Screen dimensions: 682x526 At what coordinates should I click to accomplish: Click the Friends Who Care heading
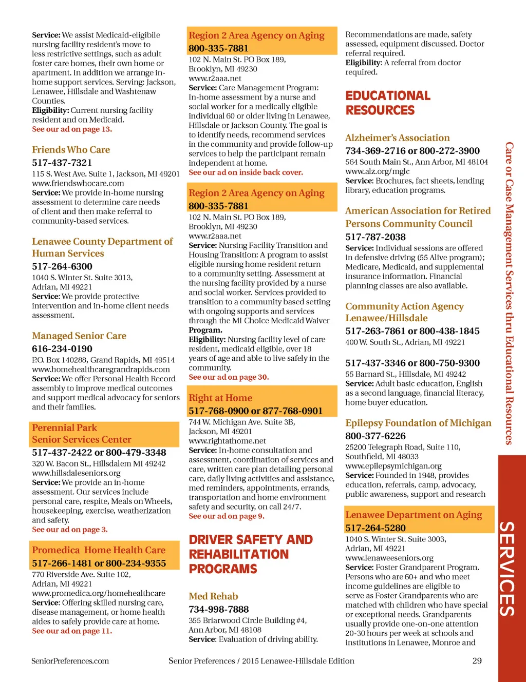tap(71, 150)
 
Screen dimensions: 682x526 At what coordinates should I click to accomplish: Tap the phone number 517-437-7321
tap(62, 163)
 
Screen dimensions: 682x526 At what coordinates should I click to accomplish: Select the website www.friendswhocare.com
tap(78, 183)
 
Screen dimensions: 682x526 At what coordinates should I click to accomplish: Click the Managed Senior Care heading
tap(79, 336)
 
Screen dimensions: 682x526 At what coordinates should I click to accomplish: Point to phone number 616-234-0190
tap(62, 349)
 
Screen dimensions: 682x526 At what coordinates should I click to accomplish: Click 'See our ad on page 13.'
tap(72, 129)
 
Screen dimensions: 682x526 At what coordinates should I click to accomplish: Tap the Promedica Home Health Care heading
tap(99, 550)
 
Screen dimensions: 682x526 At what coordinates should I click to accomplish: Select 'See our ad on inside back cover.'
tap(246, 172)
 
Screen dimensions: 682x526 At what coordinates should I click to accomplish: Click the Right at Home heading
tap(220, 398)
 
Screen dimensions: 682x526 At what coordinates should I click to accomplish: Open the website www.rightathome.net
tap(227, 441)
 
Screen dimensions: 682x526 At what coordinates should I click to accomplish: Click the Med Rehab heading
tap(213, 596)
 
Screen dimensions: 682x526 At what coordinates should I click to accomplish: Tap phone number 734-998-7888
tap(218, 610)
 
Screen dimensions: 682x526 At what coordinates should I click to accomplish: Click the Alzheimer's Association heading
tap(397, 138)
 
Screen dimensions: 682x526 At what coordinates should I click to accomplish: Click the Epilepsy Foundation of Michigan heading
tap(418, 423)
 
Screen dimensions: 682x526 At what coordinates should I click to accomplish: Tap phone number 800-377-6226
tap(375, 436)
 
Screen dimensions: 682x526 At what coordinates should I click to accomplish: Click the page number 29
tap(477, 661)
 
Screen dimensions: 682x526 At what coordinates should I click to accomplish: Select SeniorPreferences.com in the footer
tap(70, 661)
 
